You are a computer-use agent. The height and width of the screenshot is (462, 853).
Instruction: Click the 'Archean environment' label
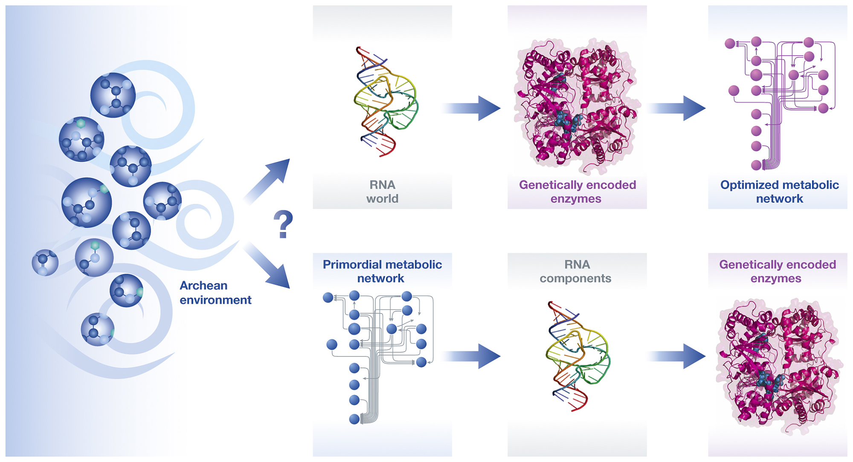click(215, 293)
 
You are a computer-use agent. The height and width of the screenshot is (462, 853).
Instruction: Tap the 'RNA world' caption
click(382, 192)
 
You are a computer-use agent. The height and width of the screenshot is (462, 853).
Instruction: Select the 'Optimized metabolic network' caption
click(779, 192)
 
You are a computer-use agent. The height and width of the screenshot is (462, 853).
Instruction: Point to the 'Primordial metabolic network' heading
click(382, 271)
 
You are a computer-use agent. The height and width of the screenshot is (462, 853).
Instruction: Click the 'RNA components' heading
click(576, 271)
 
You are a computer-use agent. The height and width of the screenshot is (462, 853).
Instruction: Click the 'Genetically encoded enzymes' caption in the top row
click(577, 192)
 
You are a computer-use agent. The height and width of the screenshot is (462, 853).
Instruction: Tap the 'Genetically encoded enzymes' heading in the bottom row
click(777, 271)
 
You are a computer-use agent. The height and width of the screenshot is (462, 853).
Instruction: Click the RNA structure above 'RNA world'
click(384, 102)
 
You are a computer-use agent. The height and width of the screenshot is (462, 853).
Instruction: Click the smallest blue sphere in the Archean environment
click(45, 262)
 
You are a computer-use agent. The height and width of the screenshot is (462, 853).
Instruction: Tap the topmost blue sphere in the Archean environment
click(113, 95)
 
